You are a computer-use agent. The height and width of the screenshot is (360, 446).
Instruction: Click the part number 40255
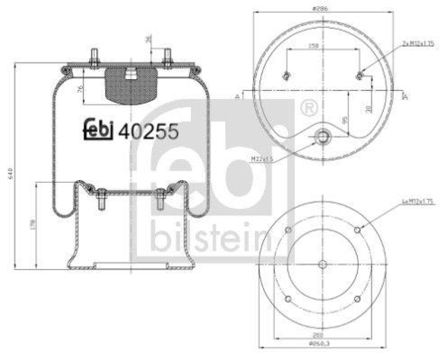point(150,131)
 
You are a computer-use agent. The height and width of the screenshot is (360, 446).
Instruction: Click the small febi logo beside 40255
point(99,129)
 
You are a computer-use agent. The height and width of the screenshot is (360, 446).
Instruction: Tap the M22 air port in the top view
point(322,136)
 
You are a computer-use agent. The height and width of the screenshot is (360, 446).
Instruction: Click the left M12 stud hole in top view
point(287,76)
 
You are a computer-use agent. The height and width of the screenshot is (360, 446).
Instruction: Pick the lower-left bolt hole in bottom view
point(288,299)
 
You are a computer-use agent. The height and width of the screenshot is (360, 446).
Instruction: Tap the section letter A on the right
point(405,97)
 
